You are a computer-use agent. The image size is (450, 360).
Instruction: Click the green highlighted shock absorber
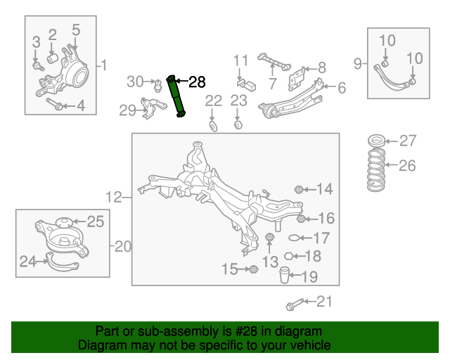click(176, 96)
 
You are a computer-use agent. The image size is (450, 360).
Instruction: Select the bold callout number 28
click(197, 82)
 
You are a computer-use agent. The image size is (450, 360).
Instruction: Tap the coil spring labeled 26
click(376, 169)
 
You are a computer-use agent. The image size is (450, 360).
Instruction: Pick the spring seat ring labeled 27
click(376, 141)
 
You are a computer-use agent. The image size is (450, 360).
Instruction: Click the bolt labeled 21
click(295, 304)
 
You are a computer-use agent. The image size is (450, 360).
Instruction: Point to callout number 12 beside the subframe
click(114, 197)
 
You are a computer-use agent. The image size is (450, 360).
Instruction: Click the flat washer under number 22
click(213, 127)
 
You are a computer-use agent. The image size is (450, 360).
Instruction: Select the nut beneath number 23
click(238, 125)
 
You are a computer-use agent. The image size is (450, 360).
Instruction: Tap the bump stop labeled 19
click(284, 275)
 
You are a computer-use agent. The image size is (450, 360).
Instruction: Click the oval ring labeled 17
click(294, 238)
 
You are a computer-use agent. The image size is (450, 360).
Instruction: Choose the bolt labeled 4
click(55, 103)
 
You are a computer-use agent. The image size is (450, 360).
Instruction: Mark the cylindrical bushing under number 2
click(53, 58)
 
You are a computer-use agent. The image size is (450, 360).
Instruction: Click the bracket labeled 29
click(153, 108)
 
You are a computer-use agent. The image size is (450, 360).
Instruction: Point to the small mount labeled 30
click(157, 86)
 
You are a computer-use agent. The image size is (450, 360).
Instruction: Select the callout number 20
click(122, 246)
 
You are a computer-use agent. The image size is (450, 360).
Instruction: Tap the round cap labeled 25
click(63, 222)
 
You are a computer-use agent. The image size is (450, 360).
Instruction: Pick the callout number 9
click(357, 63)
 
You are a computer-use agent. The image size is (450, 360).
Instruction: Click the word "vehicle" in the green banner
click(313, 345)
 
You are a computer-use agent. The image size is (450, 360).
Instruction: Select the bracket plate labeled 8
click(297, 79)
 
